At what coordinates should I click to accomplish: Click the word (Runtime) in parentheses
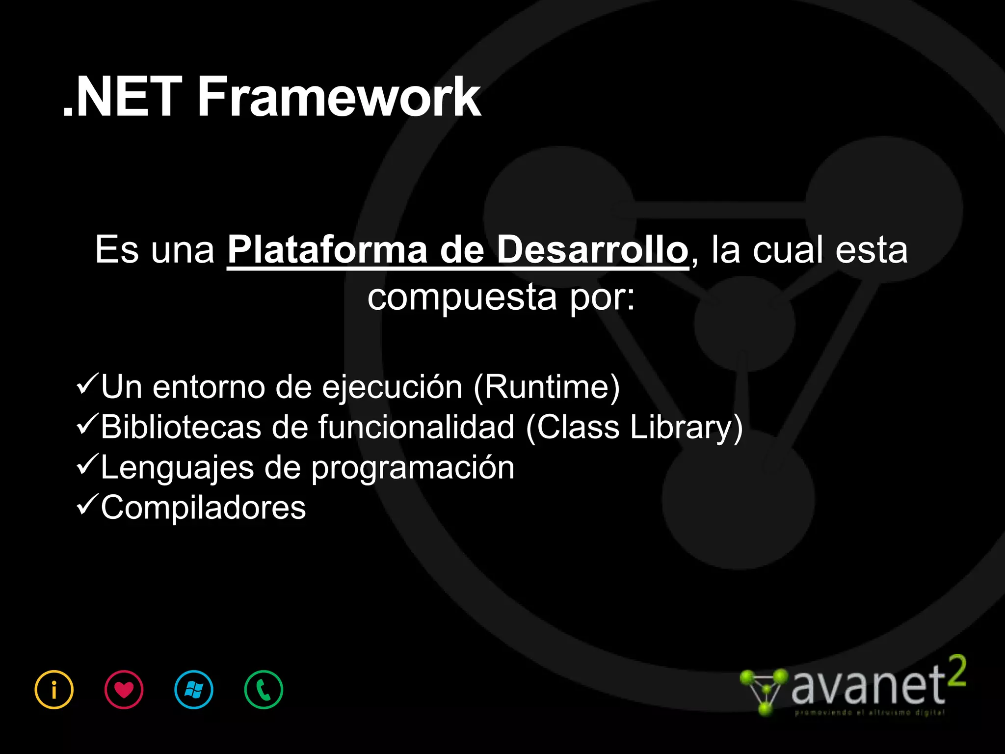coord(547,387)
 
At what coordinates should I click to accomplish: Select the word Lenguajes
coord(177,468)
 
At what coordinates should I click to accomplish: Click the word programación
coord(413,468)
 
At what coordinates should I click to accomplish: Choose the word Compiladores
coord(203,508)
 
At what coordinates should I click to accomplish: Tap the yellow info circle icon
coord(54,690)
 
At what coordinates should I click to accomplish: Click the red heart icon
coord(124,690)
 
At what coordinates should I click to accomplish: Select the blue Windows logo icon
coord(194,690)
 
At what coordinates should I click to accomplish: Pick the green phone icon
coord(264,690)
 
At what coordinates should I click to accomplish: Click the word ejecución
coord(392,387)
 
